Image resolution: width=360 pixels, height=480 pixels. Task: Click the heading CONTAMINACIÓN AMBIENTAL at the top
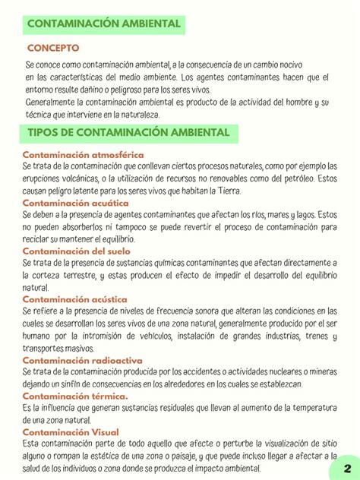click(104, 24)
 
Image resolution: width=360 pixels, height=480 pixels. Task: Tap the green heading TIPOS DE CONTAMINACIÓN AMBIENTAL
click(128, 133)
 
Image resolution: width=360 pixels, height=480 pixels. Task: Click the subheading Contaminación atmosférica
click(83, 155)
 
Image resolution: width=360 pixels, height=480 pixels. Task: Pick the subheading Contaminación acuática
click(75, 203)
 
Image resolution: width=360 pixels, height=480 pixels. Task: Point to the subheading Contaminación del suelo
click(76, 251)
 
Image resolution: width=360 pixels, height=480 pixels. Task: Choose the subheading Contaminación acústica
click(74, 299)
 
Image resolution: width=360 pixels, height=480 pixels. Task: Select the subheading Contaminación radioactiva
click(82, 360)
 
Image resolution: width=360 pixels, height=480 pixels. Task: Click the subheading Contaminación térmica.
click(75, 396)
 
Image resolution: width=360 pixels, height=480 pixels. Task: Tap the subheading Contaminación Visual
click(71, 431)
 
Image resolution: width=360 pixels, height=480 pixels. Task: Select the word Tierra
click(225, 191)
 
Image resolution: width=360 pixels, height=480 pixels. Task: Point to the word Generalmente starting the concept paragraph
click(54, 103)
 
